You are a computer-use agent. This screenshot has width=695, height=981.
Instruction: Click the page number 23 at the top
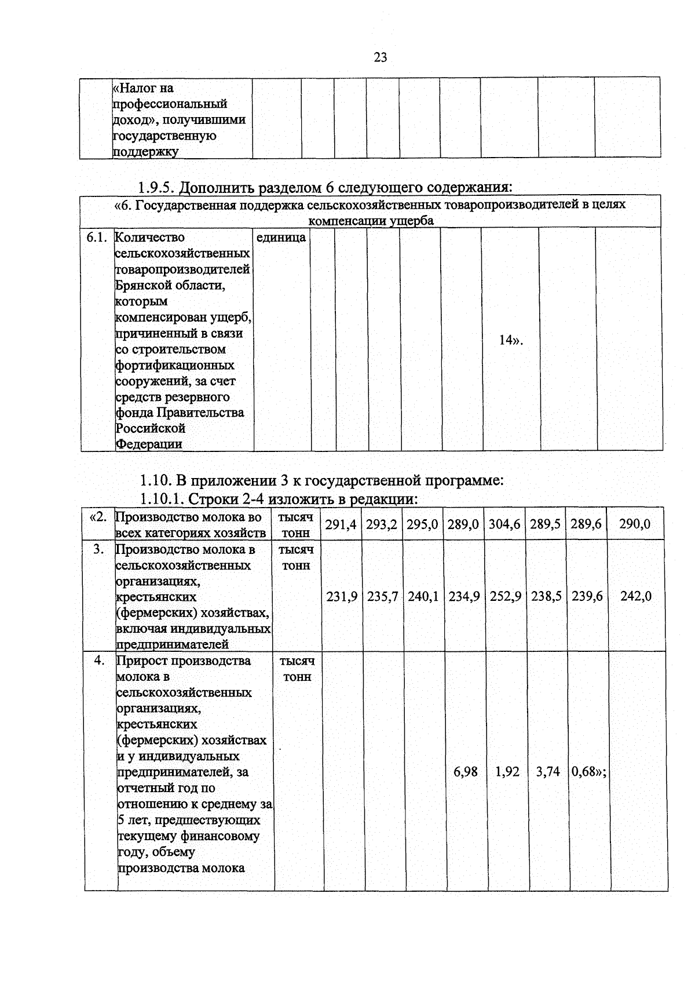pyautogui.click(x=380, y=57)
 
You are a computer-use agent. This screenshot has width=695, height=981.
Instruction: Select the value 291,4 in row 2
pyautogui.click(x=341, y=524)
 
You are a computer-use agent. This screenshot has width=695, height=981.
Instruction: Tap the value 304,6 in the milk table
pyautogui.click(x=504, y=524)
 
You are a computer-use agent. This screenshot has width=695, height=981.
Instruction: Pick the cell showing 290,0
pyautogui.click(x=635, y=524)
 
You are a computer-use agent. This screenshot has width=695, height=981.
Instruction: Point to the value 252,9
pyautogui.click(x=506, y=596)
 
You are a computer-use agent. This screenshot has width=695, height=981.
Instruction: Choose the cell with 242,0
pyautogui.click(x=636, y=596)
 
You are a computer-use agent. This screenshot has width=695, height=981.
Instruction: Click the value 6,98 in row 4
pyautogui.click(x=466, y=772)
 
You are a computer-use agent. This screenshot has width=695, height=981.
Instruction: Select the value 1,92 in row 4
pyautogui.click(x=507, y=772)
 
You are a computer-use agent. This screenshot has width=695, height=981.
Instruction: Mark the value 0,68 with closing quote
pyautogui.click(x=588, y=772)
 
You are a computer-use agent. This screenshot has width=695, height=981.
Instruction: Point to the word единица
pyautogui.click(x=281, y=238)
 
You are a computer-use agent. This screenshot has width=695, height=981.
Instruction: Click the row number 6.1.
pyautogui.click(x=97, y=238)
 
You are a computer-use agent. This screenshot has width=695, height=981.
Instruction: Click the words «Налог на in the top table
pyautogui.click(x=143, y=88)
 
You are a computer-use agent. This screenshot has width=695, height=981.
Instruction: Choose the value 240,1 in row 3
pyautogui.click(x=423, y=596)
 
